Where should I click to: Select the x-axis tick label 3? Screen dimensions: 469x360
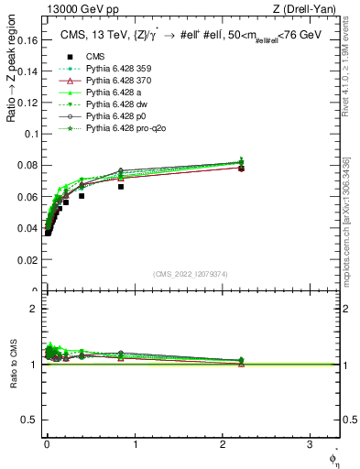point(310,445)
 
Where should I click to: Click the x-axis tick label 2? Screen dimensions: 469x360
point(223,445)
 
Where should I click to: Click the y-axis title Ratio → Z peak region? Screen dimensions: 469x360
point(12,88)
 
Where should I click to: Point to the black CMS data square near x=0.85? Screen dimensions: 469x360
point(121,186)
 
